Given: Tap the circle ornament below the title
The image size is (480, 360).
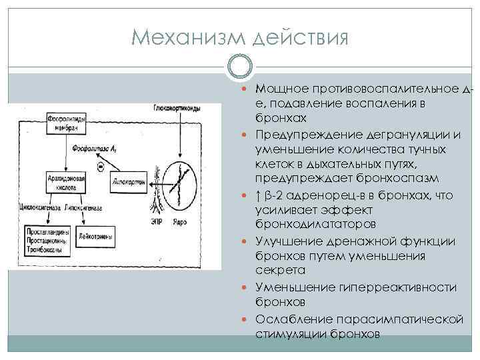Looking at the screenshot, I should [x=239, y=67].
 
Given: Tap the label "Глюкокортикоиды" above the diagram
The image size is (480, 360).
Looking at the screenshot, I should [x=179, y=107].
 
